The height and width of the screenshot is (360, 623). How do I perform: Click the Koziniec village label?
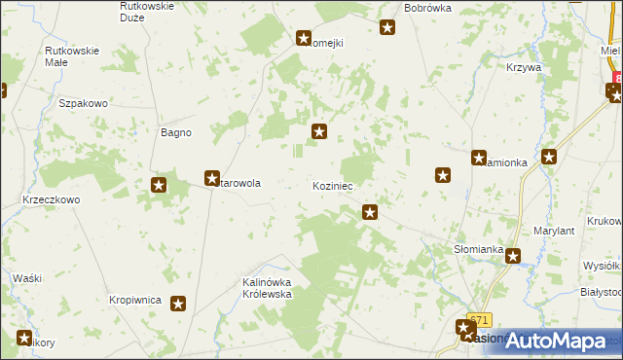[x=332, y=185]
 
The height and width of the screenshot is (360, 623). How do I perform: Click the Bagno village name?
[x=175, y=132]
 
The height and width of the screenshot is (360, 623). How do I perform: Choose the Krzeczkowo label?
[x=51, y=198]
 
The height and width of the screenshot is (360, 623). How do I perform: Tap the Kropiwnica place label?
[x=134, y=301]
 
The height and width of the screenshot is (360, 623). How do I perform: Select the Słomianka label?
[x=478, y=249]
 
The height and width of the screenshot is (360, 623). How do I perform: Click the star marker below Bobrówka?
[x=387, y=27]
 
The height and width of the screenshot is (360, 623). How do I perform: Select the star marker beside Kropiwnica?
[x=179, y=305]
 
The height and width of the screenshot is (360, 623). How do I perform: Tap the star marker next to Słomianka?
[x=512, y=257]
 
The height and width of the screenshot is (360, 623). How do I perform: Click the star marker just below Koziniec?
[x=370, y=211]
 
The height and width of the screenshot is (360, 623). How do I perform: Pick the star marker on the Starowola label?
[x=212, y=178]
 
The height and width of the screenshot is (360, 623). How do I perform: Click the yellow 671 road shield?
[x=480, y=319]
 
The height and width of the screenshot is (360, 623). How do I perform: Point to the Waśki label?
[x=27, y=278]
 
